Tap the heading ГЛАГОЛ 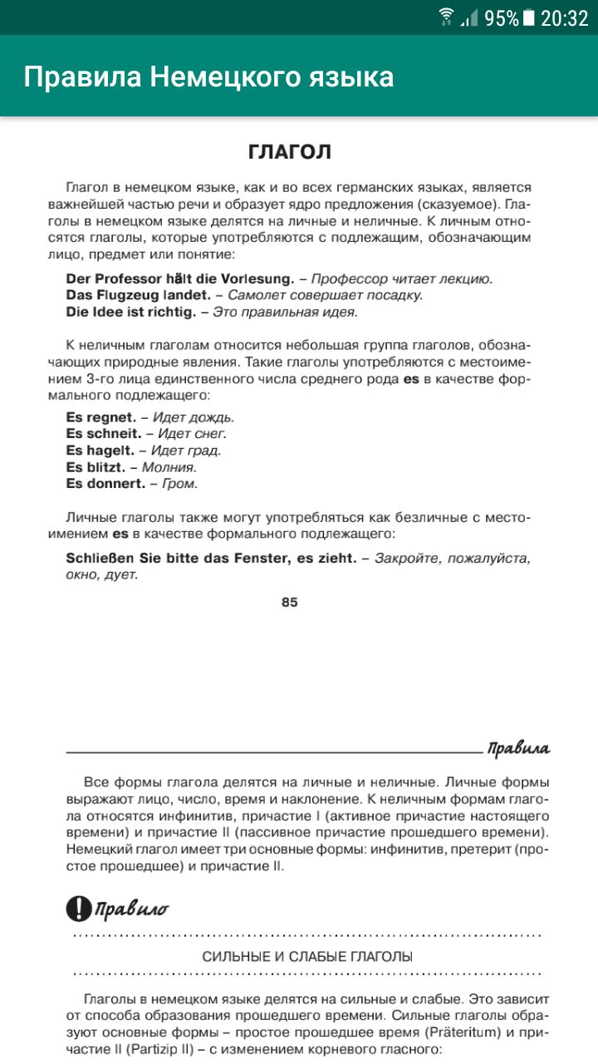[290, 151]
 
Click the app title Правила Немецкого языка [208, 77]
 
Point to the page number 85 [289, 603]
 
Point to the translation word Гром [179, 483]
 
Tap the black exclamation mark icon [78, 909]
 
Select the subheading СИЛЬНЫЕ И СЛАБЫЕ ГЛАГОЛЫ [307, 957]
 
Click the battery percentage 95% [501, 17]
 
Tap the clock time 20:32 [564, 17]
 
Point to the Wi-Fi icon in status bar [447, 17]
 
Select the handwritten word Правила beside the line [518, 748]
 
